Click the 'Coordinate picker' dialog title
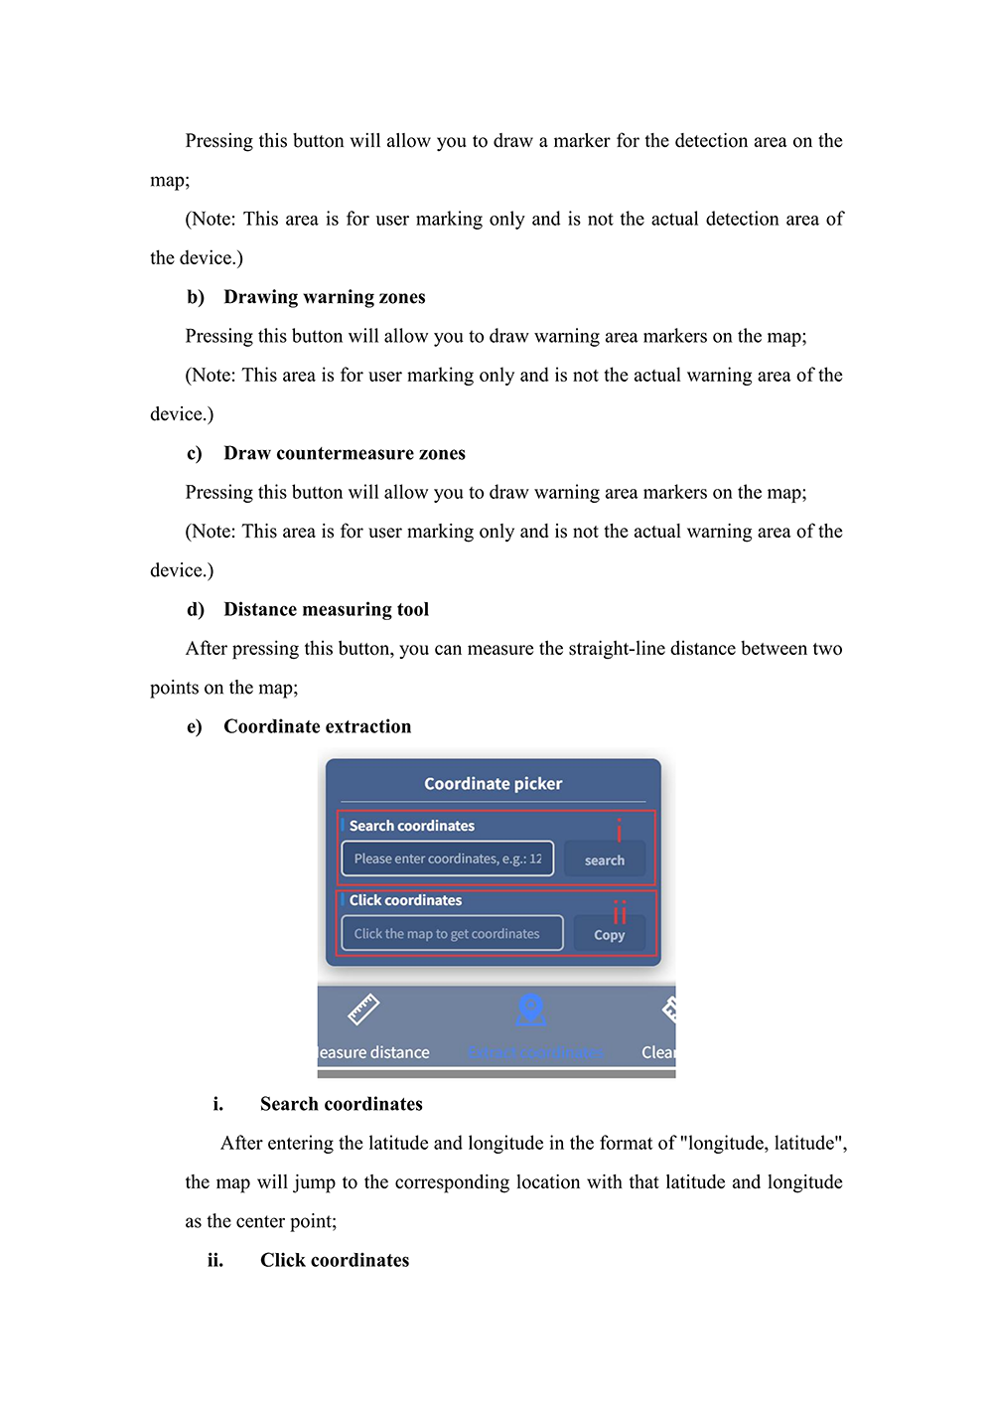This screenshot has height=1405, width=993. [493, 784]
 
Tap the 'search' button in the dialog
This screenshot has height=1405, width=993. [604, 859]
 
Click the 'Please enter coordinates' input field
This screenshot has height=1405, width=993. [447, 859]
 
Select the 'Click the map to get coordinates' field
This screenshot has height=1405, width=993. [451, 934]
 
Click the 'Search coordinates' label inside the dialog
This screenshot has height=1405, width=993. [411, 826]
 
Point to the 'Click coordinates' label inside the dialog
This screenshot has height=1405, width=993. [405, 900]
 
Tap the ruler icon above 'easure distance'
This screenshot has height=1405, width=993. [363, 1010]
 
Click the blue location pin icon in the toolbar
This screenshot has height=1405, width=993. [531, 1010]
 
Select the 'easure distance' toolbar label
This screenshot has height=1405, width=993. [374, 1052]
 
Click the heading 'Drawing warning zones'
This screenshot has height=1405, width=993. [324, 297]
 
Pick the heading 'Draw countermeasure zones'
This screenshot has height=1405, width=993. [344, 453]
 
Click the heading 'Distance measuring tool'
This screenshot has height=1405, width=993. [326, 609]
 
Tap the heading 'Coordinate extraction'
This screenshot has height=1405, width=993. [317, 726]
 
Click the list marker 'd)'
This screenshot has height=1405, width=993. [195, 609]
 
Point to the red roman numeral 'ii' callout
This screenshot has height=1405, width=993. [620, 912]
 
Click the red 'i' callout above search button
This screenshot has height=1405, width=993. [619, 830]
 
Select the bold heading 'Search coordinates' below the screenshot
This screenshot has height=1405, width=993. [341, 1104]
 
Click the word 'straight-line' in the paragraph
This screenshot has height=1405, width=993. [616, 649]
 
